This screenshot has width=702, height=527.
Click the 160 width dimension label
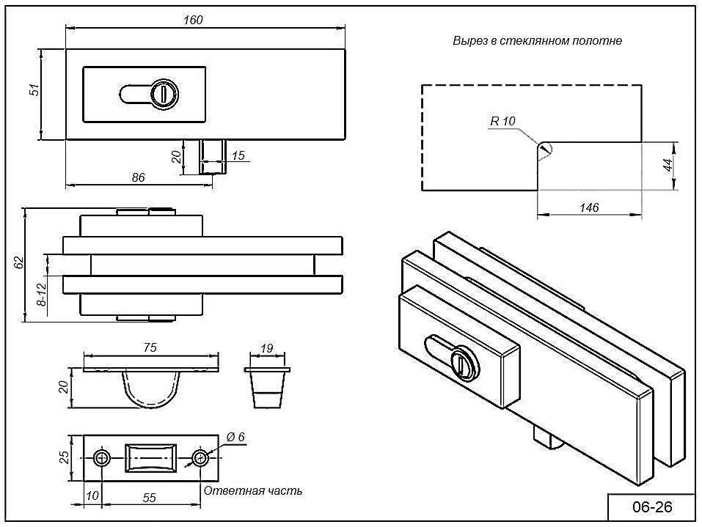pyautogui.click(x=193, y=20)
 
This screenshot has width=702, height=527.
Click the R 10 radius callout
pyautogui.click(x=503, y=121)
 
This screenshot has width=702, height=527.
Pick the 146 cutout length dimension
pyautogui.click(x=589, y=207)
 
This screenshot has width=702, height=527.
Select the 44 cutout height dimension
pyautogui.click(x=668, y=164)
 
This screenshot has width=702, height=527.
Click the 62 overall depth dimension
pyautogui.click(x=20, y=262)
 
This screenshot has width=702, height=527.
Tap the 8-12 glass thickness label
pyautogui.click(x=42, y=293)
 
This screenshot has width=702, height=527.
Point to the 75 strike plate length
pyautogui.click(x=150, y=347)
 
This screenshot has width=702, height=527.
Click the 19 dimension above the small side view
pyautogui.click(x=268, y=347)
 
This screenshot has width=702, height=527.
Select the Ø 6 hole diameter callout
pyautogui.click(x=235, y=437)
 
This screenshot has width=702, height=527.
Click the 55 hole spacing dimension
pyautogui.click(x=149, y=498)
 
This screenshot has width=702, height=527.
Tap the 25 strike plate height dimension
pyautogui.click(x=65, y=457)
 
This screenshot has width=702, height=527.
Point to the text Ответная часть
pyautogui.click(x=252, y=490)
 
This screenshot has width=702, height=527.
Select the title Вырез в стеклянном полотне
pyautogui.click(x=537, y=41)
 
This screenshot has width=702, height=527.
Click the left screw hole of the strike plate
pyautogui.click(x=101, y=458)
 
